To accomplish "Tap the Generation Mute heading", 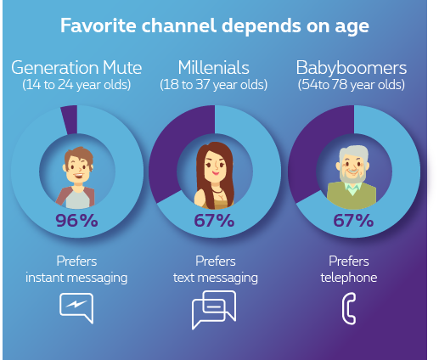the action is (x=76, y=68).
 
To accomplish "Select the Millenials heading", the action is (x=213, y=68).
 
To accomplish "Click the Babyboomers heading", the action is (x=352, y=68).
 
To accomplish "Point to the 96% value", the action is (x=76, y=220).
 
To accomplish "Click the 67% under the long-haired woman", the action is (x=214, y=220).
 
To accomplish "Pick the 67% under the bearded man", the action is (x=353, y=220).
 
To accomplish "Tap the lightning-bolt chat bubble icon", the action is (x=76, y=308).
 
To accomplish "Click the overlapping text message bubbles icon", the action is (x=214, y=310).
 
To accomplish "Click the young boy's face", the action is (x=77, y=168).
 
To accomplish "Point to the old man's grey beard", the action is (x=352, y=175).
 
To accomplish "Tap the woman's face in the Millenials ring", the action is (x=215, y=167).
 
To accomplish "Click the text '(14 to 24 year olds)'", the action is (x=76, y=85).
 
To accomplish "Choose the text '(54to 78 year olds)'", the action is (x=352, y=85).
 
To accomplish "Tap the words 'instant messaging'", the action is (x=76, y=278).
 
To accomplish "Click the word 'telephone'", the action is (x=349, y=278).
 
